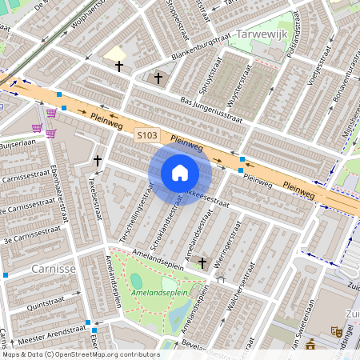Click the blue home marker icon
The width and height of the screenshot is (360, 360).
(180, 173)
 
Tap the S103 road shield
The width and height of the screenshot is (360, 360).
(146, 136)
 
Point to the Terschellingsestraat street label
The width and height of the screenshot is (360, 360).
(136, 218)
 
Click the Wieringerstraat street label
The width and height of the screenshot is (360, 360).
(223, 240)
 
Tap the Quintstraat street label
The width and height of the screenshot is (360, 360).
(46, 304)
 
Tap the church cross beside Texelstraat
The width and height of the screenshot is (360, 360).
(98, 161)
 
